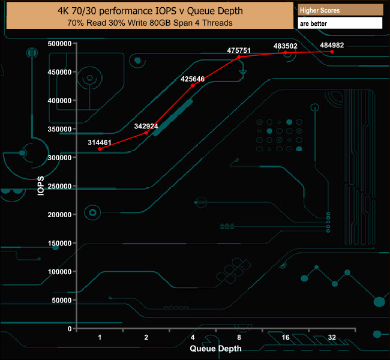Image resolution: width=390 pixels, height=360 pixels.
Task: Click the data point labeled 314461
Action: point(100,149)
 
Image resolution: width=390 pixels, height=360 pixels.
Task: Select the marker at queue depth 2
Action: point(146,133)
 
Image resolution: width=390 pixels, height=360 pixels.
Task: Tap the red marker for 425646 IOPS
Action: point(193,85)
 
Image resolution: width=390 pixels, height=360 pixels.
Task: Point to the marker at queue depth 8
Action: point(239,57)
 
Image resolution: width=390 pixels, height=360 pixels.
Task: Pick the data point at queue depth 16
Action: point(286,53)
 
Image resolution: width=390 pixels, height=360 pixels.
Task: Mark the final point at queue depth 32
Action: point(332,52)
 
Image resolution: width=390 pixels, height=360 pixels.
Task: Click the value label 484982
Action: point(332,45)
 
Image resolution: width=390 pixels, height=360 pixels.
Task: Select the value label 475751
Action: point(239,50)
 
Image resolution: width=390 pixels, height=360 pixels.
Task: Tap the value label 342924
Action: point(146,126)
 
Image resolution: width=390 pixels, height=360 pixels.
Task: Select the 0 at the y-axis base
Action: point(70,329)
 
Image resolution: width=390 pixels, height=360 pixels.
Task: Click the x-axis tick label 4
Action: point(193,338)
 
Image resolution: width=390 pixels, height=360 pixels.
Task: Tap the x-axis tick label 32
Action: point(332,338)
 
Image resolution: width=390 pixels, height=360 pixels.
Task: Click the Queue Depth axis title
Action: point(216,348)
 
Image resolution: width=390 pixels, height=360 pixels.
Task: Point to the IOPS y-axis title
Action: point(41,185)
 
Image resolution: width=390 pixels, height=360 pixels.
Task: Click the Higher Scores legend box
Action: point(340,10)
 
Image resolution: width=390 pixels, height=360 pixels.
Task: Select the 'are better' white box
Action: point(340,23)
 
